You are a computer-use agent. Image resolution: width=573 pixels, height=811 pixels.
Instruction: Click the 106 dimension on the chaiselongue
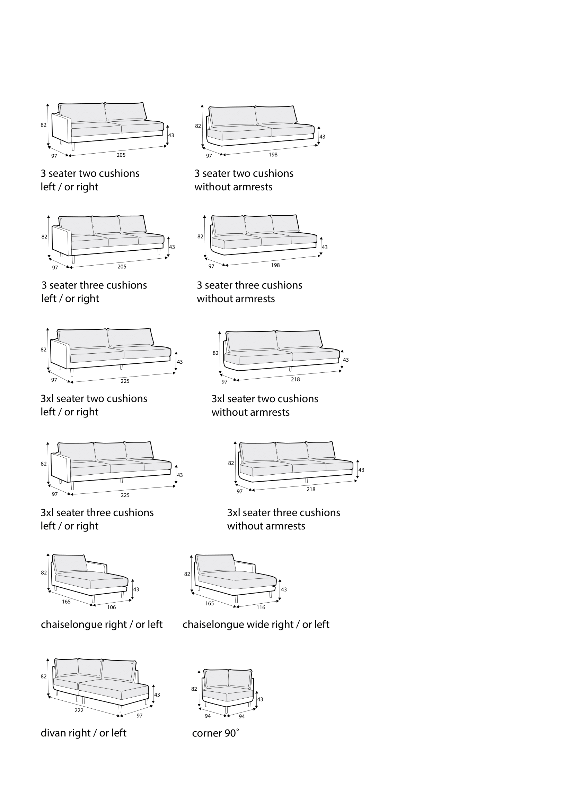point(112,607)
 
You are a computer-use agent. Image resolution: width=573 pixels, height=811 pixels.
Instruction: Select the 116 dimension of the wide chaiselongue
point(261,607)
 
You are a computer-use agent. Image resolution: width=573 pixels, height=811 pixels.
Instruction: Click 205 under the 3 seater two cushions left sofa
point(121,155)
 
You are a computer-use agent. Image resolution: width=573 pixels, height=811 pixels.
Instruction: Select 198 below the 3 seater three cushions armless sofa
point(275,265)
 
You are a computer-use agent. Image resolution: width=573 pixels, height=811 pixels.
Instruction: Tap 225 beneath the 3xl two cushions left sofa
point(125,381)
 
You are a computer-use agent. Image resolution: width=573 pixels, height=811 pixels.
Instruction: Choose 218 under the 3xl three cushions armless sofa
point(311,489)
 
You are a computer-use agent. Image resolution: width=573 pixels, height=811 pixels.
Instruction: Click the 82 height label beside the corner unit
point(194,689)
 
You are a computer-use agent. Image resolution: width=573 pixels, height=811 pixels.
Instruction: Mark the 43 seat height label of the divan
point(157,694)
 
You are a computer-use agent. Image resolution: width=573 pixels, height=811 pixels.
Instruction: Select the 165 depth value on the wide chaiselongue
point(210,603)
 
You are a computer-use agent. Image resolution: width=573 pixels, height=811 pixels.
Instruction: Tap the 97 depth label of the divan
point(139,715)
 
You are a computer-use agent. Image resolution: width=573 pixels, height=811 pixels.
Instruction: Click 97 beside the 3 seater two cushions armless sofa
point(209,156)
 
